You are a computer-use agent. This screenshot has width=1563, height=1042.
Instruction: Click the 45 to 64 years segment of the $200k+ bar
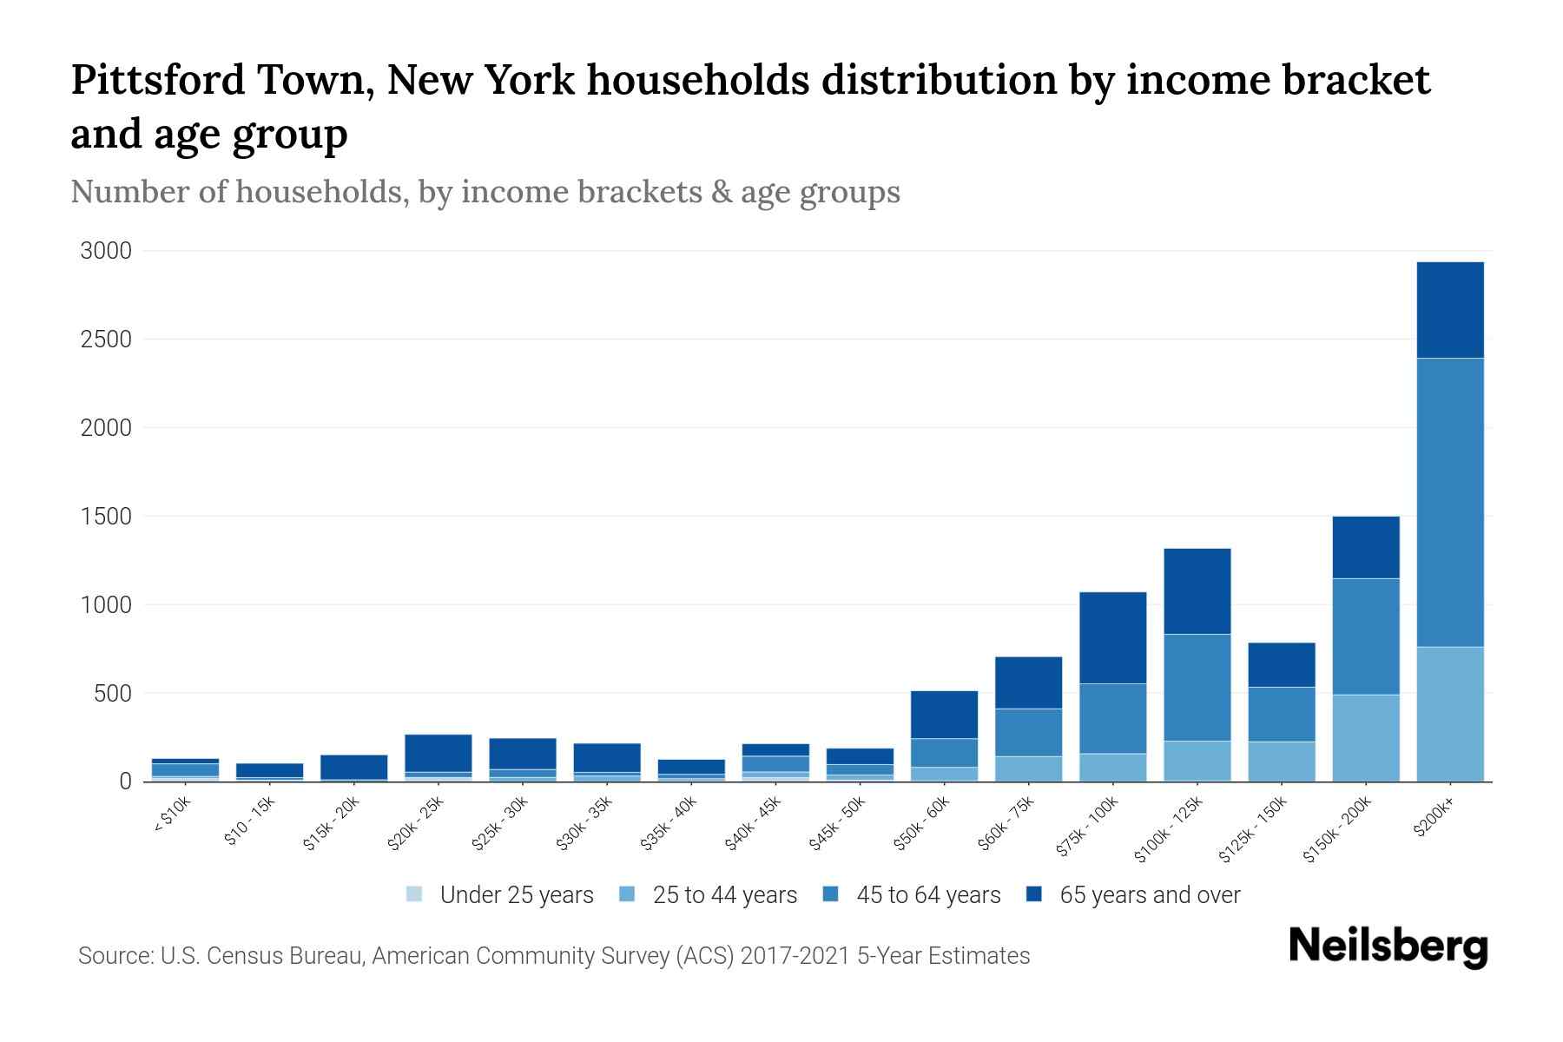(x=1449, y=502)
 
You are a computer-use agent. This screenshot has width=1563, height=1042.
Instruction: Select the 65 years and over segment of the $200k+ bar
(x=1449, y=310)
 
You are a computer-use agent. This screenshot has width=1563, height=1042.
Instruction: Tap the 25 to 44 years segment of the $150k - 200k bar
(x=1365, y=737)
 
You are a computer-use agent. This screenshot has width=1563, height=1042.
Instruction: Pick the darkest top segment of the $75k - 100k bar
(x=1112, y=637)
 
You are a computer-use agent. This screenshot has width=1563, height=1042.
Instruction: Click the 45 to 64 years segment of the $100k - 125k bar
(x=1197, y=687)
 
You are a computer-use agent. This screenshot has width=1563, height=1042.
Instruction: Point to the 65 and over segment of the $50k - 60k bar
(x=944, y=715)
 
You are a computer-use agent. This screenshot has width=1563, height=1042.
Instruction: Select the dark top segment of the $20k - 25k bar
(x=438, y=753)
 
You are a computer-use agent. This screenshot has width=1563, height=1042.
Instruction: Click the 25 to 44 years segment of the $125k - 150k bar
(x=1281, y=761)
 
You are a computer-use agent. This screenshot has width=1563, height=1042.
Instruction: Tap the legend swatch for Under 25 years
(x=414, y=894)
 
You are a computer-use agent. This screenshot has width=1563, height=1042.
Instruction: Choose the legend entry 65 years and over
(x=1149, y=895)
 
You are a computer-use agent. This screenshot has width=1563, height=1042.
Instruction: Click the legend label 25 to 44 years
(x=724, y=895)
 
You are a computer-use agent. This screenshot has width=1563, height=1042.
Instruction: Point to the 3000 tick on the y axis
(x=106, y=252)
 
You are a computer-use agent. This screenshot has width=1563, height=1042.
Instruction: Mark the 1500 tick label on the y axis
(x=106, y=517)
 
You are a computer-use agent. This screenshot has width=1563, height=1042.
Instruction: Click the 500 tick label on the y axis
(x=113, y=694)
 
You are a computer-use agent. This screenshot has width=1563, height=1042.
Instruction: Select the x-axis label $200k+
(x=1433, y=817)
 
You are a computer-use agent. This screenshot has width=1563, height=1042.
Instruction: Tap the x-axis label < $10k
(x=172, y=815)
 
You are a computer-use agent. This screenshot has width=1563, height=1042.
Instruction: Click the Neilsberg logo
(x=1388, y=946)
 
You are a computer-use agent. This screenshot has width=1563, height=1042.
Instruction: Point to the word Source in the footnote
(x=114, y=956)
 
